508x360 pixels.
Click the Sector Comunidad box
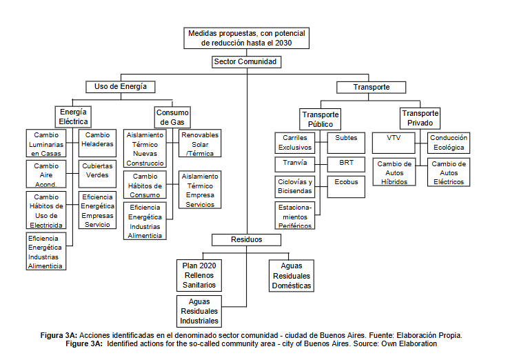[x=247, y=61]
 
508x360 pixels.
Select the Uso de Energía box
[x=120, y=87]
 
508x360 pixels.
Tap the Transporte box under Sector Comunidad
[x=372, y=87]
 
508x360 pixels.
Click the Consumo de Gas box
[x=172, y=117]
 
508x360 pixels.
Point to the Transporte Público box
[x=321, y=119]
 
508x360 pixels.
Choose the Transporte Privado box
[x=420, y=119]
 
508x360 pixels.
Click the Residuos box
[x=247, y=240]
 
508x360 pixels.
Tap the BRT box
[x=346, y=164]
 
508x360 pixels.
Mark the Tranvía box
[x=294, y=164]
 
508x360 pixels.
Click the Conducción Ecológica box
[x=449, y=142]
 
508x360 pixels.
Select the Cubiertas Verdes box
[x=98, y=170]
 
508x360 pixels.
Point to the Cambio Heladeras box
[x=98, y=139]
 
